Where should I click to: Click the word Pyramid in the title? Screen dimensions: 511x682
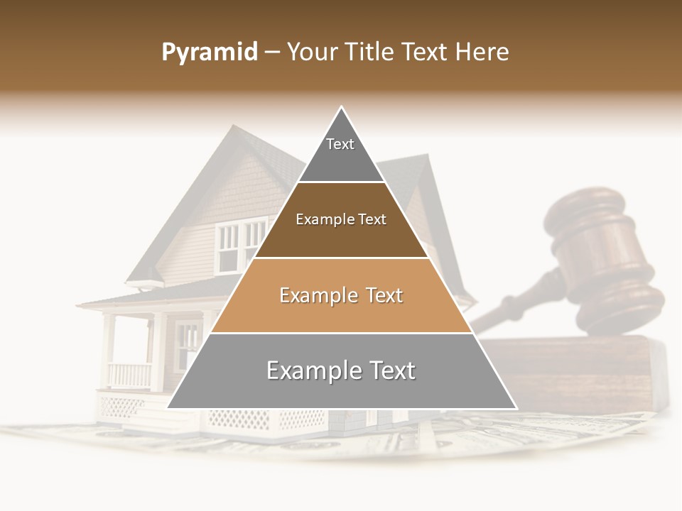tap(209, 53)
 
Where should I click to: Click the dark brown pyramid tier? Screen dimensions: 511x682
tap(341, 231)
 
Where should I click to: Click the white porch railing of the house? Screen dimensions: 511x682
tap(129, 374)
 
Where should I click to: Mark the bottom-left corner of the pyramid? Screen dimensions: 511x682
tap(168, 408)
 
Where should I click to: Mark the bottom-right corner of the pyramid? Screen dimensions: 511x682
tap(516, 408)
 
